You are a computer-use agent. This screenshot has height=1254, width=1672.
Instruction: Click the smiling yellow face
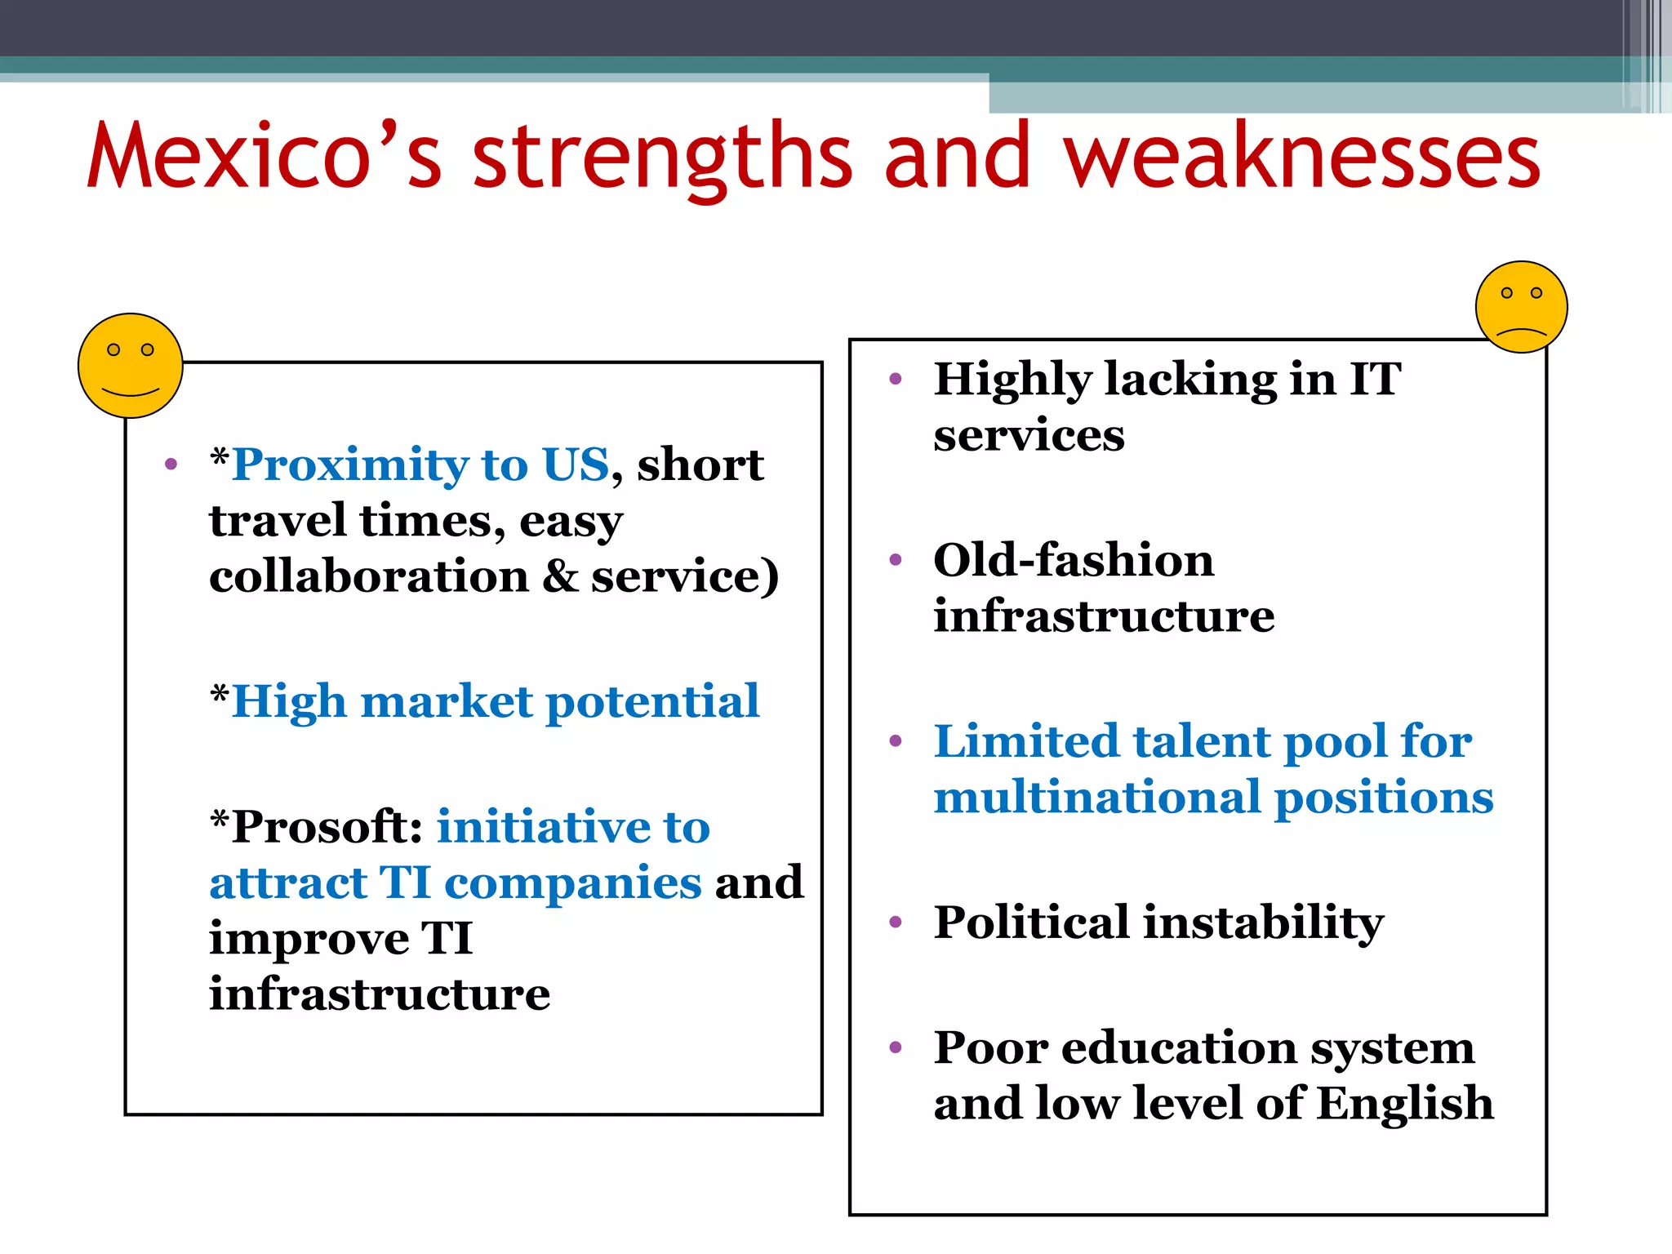[x=130, y=366]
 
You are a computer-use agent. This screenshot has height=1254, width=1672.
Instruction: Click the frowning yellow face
[x=1521, y=307]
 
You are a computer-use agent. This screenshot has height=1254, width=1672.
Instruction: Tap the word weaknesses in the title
[x=1301, y=155]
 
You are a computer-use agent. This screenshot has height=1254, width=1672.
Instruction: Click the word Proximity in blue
[x=350, y=465]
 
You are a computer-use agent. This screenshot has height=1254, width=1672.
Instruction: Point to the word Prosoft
[x=327, y=827]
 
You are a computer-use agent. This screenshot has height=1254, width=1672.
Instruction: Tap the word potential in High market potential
[x=652, y=702]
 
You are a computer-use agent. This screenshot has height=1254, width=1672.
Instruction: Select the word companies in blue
[x=572, y=883]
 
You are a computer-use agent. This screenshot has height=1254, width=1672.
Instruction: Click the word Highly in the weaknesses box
[x=1012, y=380]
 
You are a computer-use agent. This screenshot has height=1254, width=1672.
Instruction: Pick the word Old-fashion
[x=1074, y=561]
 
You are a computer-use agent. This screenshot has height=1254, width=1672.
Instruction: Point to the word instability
[x=1263, y=924]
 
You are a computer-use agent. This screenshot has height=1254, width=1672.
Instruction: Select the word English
[x=1405, y=1105]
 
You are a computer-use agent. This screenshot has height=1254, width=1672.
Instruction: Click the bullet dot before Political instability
[x=896, y=923]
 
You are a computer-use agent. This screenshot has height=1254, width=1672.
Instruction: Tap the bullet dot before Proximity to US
[x=171, y=465]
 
